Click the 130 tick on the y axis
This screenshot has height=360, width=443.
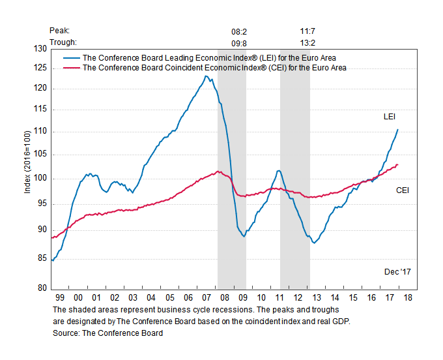coord(41,49)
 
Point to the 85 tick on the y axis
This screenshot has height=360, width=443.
coord(43,259)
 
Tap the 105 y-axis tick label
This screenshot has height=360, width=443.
coord(41,155)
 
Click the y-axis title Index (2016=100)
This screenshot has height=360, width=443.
coord(27,168)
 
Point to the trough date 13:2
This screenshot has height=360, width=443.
coord(307,42)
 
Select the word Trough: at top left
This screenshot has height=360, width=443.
coord(63,42)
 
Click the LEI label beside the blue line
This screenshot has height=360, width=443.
coord(390,117)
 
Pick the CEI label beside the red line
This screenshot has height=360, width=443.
coord(404,190)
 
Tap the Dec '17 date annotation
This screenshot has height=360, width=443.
coord(397,271)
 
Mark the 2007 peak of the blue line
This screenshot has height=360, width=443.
coord(206,76)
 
